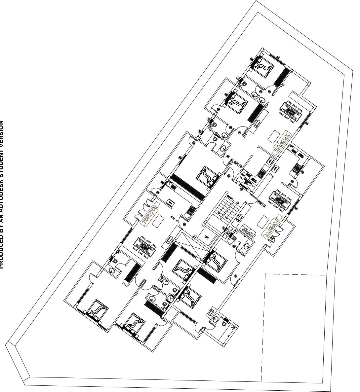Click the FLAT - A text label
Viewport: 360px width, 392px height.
[174, 218]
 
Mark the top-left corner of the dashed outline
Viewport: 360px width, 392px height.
[266, 274]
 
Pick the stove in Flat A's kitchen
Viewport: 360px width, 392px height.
[190, 210]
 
